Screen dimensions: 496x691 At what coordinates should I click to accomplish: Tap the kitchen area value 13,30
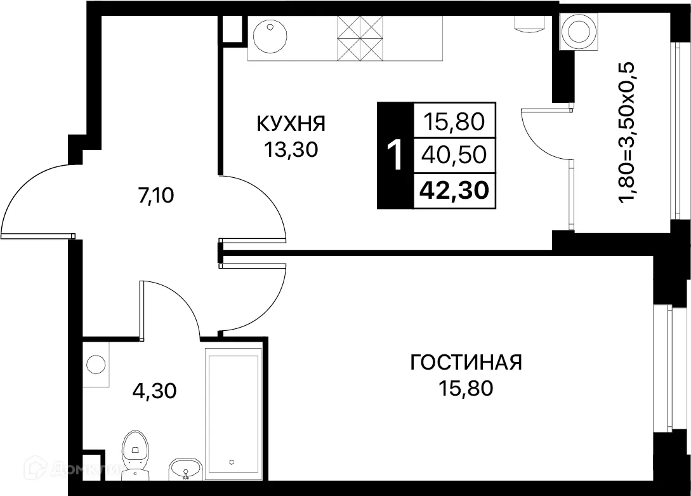[291, 150]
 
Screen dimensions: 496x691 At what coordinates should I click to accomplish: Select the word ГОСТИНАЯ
[466, 363]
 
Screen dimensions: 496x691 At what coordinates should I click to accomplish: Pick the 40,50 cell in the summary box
[454, 154]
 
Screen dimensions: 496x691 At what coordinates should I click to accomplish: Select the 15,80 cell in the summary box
[454, 120]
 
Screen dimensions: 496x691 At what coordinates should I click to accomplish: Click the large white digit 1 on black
[395, 156]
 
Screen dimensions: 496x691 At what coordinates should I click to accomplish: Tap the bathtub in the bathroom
[233, 413]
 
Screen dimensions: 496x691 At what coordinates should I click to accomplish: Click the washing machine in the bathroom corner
[96, 365]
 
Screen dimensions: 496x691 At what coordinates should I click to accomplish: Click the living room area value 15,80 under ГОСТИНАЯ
[466, 388]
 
